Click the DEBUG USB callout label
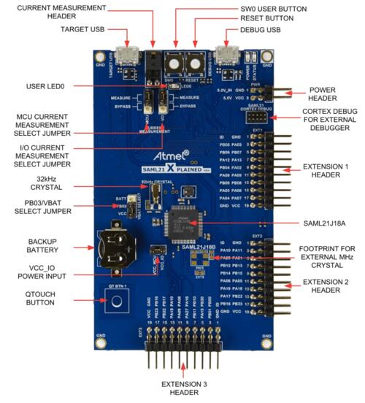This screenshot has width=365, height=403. (258, 30)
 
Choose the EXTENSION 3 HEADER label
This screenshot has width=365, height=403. (182, 387)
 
